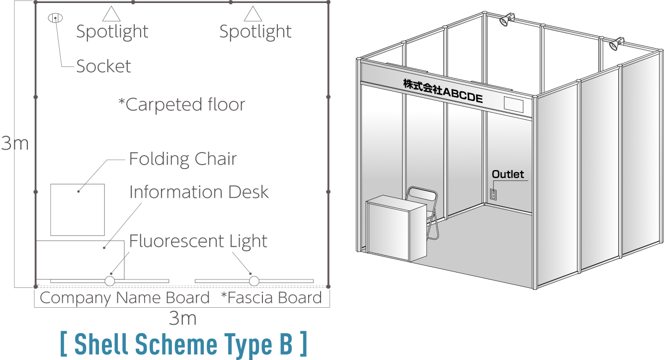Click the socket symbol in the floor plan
point(55,18)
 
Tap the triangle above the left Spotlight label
point(111,14)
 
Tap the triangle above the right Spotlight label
point(253,14)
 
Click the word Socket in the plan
point(103,66)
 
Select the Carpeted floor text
point(182,104)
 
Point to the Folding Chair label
point(183,159)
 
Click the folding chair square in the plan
point(78,210)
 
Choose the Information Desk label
point(199,192)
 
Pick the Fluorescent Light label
point(198,241)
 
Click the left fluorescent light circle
point(110,281)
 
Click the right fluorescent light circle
point(254,281)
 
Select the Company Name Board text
point(125,298)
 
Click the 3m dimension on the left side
point(15,143)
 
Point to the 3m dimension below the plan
point(182,318)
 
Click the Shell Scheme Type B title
point(184,344)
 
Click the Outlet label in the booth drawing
point(507,175)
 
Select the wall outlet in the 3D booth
point(493,194)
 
